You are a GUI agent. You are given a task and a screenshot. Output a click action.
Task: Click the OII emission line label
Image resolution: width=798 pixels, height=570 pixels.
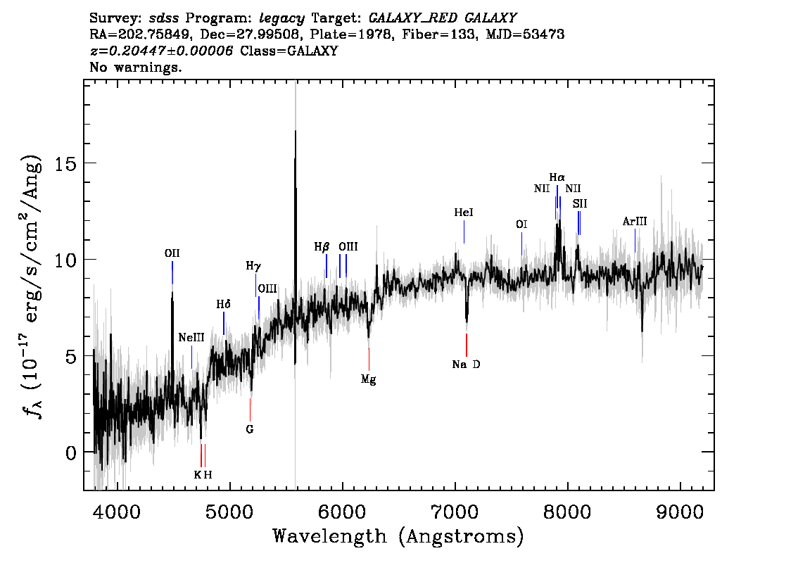pyautogui.click(x=172, y=253)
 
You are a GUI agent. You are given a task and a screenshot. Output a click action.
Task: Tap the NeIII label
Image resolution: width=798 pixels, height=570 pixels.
pyautogui.click(x=191, y=338)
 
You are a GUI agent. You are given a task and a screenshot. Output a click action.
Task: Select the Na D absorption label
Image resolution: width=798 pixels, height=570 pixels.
pyautogui.click(x=466, y=365)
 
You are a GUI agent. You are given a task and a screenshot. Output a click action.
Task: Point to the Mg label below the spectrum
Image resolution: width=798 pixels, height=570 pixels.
pyautogui.click(x=369, y=379)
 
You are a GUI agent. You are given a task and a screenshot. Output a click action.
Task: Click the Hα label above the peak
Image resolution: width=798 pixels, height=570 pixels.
pyautogui.click(x=557, y=177)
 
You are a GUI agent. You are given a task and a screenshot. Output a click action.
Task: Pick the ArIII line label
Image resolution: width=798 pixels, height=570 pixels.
pyautogui.click(x=635, y=222)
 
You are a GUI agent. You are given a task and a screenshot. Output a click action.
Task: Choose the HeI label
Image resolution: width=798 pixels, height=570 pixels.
pyautogui.click(x=464, y=213)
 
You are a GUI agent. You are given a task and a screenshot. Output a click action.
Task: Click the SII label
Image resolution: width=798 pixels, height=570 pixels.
pyautogui.click(x=580, y=203)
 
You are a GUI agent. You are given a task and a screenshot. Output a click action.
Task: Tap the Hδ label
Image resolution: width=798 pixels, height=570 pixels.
pyautogui.click(x=223, y=304)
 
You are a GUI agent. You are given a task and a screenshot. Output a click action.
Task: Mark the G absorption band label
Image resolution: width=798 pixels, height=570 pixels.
pyautogui.click(x=249, y=429)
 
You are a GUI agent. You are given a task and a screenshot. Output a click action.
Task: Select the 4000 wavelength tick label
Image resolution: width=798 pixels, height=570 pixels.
pyautogui.click(x=118, y=511)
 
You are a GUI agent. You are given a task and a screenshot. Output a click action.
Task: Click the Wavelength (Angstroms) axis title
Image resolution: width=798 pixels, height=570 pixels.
pyautogui.click(x=398, y=536)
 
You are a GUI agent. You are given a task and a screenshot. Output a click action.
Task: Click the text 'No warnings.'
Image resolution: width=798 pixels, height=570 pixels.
pyautogui.click(x=135, y=67)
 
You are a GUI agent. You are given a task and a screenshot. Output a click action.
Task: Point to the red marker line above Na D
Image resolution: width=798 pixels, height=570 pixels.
pyautogui.click(x=466, y=345)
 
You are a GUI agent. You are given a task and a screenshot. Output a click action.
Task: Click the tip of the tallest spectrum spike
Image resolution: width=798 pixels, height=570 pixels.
pyautogui.click(x=295, y=131)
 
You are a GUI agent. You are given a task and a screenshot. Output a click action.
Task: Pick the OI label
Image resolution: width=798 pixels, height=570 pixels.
pyautogui.click(x=521, y=224)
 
